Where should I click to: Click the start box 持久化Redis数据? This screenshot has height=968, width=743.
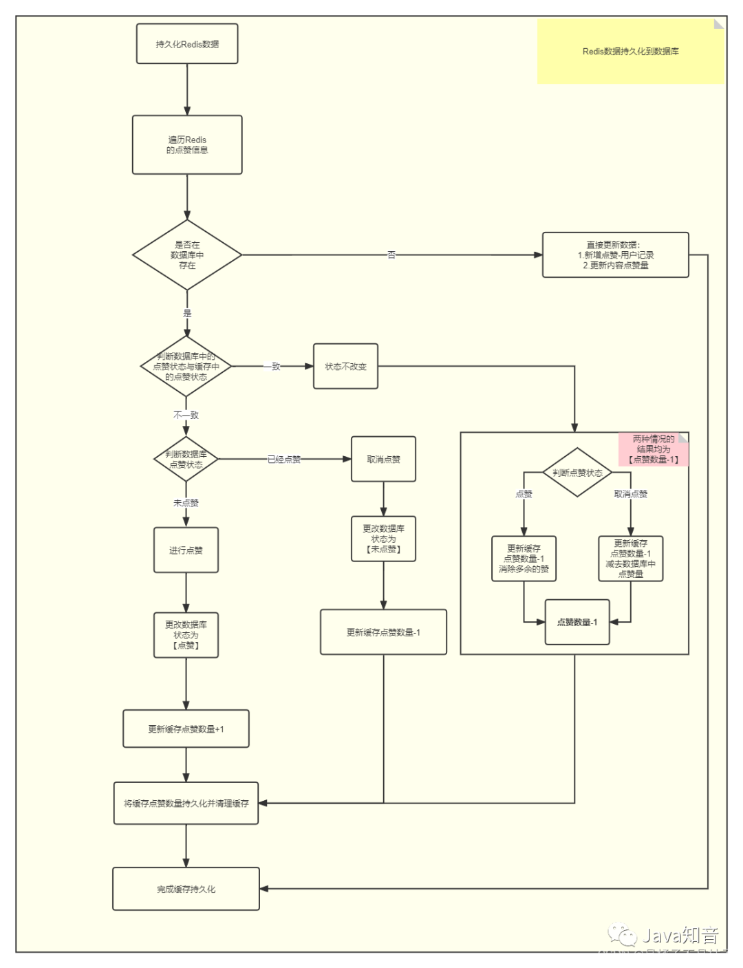coord(187,44)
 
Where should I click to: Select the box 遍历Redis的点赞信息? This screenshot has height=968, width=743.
coord(187,144)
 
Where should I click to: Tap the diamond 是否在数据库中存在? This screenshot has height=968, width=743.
coord(187,255)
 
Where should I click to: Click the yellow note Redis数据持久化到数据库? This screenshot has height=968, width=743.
coord(630,52)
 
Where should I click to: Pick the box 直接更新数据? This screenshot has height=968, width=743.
coord(615,255)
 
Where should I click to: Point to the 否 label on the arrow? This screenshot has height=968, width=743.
coord(391,255)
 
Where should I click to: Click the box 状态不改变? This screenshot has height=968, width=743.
coord(345,367)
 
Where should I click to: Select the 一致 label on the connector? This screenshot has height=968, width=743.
coord(272,367)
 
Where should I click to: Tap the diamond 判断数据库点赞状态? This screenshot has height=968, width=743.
coord(186,459)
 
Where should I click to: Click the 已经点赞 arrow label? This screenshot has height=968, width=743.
coord(284,460)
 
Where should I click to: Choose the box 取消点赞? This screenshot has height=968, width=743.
coord(383,460)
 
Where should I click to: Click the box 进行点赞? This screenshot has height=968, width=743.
coord(186,550)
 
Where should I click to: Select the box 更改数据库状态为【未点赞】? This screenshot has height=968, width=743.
coord(383,539)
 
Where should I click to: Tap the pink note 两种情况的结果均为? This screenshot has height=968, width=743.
coord(653,449)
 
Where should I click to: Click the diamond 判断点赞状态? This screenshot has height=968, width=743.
coord(577,473)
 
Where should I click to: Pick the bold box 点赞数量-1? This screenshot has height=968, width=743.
coord(577,622)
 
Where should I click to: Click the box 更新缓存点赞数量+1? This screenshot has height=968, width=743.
coord(186,729)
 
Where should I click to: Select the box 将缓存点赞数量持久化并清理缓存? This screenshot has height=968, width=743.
coord(186,803)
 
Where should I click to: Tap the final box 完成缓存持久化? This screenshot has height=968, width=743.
coord(186,889)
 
